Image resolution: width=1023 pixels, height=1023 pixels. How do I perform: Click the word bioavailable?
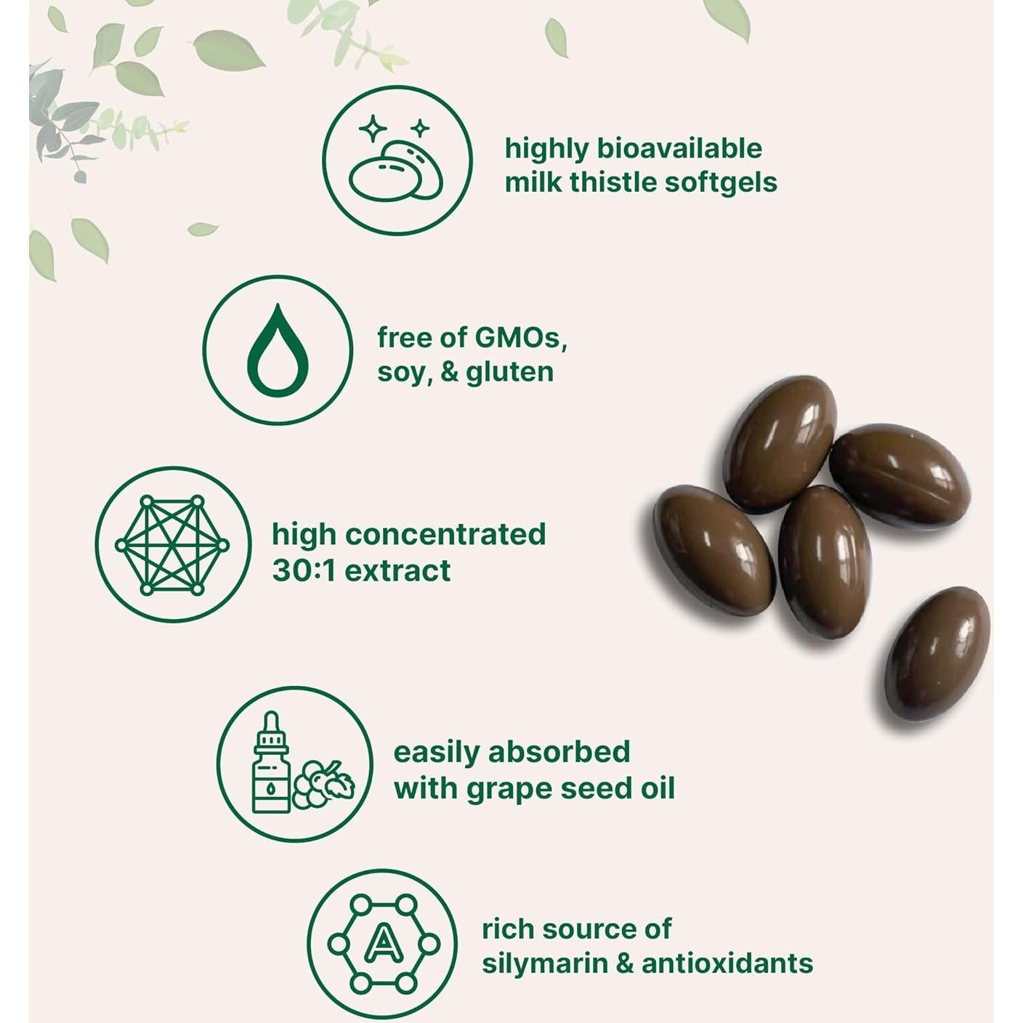coord(679,149)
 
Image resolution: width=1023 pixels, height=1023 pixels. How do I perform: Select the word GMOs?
coord(519,338)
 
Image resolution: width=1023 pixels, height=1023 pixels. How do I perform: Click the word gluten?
coord(509,373)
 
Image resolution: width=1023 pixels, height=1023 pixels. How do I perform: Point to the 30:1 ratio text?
coord(304,570)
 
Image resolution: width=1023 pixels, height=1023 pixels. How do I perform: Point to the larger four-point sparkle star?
coord(373,128)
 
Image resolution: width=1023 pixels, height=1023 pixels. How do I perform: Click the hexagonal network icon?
coord(172,545)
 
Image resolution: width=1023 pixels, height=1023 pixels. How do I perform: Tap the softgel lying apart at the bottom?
coord(937,653)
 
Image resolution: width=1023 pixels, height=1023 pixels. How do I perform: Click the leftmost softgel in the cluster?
coord(714,550)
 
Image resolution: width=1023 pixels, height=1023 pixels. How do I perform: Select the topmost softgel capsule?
coord(780,444)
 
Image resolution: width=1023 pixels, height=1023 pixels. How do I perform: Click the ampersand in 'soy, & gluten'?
coord(448,372)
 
